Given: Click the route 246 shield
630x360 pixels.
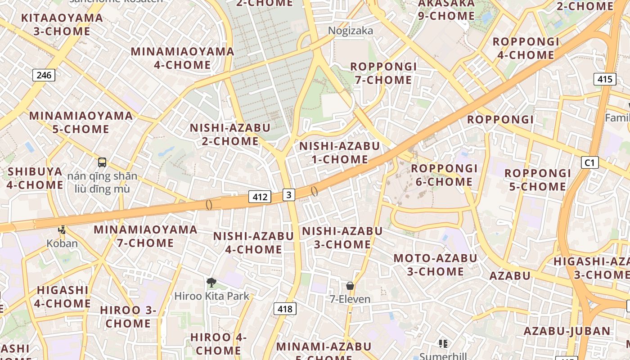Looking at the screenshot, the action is coord(44,75).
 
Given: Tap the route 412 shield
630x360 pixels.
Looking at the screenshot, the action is coord(260,197).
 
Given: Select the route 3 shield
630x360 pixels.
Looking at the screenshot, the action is coord(289,194).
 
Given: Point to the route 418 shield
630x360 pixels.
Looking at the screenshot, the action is coord(285,309).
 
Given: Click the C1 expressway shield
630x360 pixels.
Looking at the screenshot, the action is coord(589,162).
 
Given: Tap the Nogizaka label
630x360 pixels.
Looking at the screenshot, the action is coord(351,31).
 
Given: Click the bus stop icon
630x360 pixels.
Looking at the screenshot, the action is coord(102,162).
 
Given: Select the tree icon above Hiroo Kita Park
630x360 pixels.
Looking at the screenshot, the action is coord(211,283).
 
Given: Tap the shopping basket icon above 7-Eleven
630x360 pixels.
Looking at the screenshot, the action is coord(350,286).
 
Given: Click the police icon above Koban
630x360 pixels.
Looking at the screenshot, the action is coord(62,230).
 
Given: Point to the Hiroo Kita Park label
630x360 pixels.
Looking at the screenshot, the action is coord(211,296).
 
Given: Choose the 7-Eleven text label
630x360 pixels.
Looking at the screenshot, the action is coord(350,299).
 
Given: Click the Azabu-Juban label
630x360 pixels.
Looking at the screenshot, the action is coord(567,331).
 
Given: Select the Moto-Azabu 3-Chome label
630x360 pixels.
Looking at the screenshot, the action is coord(435,265).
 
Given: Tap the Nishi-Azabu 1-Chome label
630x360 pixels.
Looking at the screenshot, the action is coord(339,153).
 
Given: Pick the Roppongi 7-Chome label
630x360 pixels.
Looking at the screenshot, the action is coord(383,73).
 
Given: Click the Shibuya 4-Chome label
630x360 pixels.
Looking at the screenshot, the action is coord(35,178).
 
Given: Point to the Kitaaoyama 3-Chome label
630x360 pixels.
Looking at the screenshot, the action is coord(62,25).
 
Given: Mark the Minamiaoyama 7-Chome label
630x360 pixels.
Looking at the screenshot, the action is coord(145,236).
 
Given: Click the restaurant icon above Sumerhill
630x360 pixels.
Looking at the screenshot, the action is coord(443,344).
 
